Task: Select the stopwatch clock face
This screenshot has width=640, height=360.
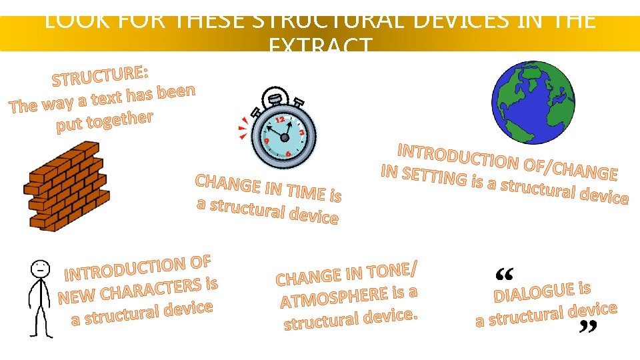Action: pyautogui.click(x=284, y=137)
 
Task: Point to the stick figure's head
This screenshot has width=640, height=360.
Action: pyautogui.click(x=41, y=269)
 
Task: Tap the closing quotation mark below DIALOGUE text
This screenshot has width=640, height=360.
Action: pyautogui.click(x=587, y=327)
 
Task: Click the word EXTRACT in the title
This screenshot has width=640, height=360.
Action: pyautogui.click(x=320, y=47)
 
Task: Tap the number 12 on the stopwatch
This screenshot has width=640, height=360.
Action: pyautogui.click(x=281, y=119)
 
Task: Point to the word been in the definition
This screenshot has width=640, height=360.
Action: pyautogui.click(x=176, y=92)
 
